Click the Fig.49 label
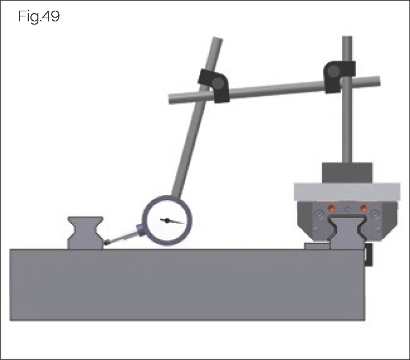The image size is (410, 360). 39,17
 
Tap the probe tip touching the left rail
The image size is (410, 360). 108,242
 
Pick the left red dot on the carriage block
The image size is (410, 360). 331,208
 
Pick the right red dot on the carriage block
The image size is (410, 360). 363,208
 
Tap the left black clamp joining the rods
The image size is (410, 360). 214,85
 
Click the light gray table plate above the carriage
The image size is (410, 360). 347,190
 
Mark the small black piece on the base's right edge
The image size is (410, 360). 368,256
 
